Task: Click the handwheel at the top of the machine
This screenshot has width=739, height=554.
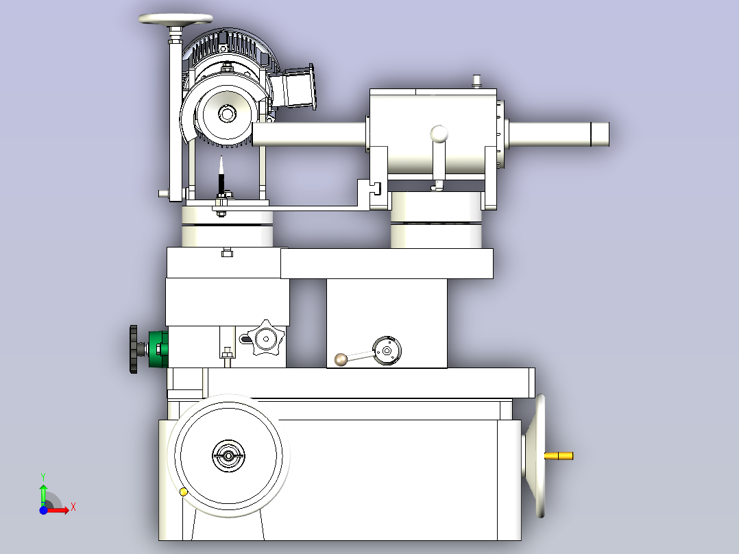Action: click(175, 19)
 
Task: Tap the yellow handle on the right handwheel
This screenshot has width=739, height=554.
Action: click(559, 456)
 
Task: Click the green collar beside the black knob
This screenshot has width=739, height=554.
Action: click(158, 349)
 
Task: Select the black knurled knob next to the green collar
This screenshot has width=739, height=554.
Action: click(134, 349)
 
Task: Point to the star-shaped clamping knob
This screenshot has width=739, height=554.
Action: click(266, 338)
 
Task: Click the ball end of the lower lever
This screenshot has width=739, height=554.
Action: click(341, 360)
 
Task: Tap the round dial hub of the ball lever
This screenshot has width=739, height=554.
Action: click(387, 351)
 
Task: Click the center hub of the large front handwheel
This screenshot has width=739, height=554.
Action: click(228, 456)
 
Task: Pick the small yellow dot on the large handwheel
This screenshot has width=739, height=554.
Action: click(184, 492)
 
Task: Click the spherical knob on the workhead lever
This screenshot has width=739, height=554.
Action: click(439, 134)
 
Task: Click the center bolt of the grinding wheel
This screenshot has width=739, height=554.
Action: click(227, 113)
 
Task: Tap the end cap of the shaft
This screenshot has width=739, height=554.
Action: click(600, 134)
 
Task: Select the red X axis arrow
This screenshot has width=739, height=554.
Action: click(60, 509)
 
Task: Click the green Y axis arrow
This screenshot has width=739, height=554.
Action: click(43, 494)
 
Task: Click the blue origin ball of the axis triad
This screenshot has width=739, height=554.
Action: click(43, 510)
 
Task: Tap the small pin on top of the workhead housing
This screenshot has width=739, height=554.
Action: click(476, 81)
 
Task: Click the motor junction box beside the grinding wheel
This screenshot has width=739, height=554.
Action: click(299, 88)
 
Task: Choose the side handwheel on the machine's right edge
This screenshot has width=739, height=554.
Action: click(537, 456)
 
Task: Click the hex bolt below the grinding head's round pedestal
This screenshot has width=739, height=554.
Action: click(227, 252)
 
